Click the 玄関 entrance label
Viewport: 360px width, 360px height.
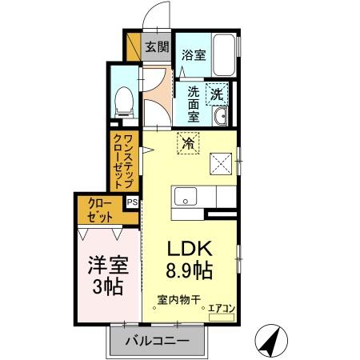tap(156, 46)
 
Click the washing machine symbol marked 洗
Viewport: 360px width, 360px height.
tap(217, 94)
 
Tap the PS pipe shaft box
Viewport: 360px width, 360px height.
tap(132, 202)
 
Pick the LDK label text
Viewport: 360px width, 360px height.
tap(189, 246)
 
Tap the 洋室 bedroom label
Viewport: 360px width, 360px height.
tap(107, 263)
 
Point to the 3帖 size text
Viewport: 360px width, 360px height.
tap(107, 286)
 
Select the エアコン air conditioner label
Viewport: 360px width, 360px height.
tap(222, 307)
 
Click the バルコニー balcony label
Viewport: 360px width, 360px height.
tap(158, 341)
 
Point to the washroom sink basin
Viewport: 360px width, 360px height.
tap(222, 118)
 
